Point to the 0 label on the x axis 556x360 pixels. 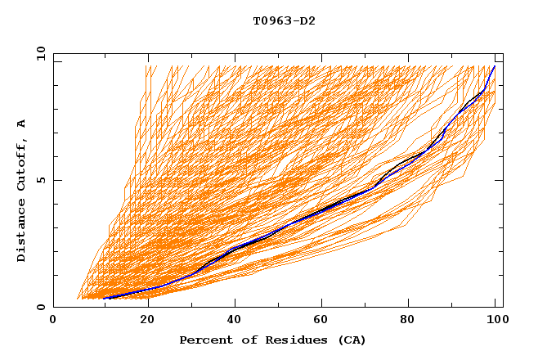[x=53, y=321]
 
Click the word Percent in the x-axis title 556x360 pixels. [x=204, y=340]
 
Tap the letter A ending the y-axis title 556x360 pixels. [x=22, y=124]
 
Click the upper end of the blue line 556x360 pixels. [x=494, y=66]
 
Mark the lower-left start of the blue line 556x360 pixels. [x=105, y=298]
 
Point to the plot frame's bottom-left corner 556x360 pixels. [x=54, y=308]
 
